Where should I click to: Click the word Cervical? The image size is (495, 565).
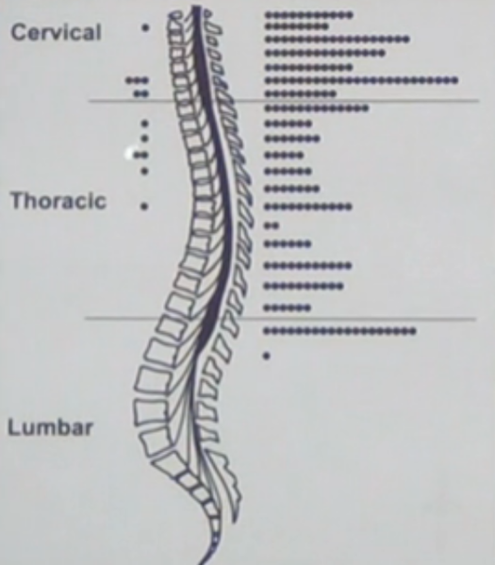coord(56,32)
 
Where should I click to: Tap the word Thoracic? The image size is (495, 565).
coord(58,200)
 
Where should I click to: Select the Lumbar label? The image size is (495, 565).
coord(50,427)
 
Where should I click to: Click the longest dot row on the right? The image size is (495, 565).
coord(361,80)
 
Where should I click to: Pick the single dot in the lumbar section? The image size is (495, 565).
coord(266,356)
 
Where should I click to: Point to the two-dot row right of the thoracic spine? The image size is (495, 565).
coord(272,226)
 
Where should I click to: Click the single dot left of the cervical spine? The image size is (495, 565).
coord(145,27)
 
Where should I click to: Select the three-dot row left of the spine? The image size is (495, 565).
coord(137,80)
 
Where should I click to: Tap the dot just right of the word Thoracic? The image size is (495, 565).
coord(144,207)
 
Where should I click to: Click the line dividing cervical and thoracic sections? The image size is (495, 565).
coord(284,101)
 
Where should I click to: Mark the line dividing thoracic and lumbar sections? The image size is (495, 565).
coord(280,319)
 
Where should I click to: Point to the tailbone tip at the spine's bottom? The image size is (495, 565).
coord(203,563)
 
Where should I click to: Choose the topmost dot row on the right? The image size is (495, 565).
coord(308,15)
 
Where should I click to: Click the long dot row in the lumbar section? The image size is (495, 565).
coord(339,331)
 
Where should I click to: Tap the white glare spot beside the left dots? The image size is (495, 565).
coord(129,153)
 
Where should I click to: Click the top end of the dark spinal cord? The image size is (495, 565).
coord(196,7)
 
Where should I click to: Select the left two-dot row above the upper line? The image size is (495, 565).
coord(140,94)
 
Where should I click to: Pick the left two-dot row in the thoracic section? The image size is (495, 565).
coord(140,156)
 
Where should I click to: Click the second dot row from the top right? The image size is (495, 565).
coord(296,26)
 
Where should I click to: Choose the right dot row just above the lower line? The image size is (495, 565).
coord(288,308)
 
